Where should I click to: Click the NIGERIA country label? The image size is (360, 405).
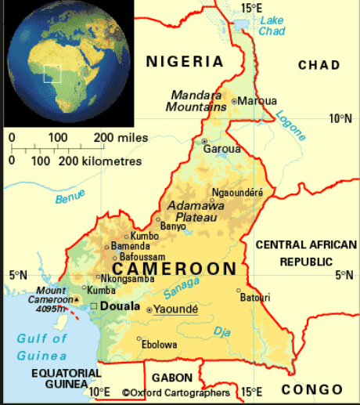[x=185, y=62]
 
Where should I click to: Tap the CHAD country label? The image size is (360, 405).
[x=319, y=64]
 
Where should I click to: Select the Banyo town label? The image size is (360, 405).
[x=173, y=226]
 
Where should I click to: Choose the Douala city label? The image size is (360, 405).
[x=121, y=306]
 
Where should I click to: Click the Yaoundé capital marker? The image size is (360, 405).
[x=149, y=310]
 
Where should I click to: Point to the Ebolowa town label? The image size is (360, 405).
[x=159, y=344]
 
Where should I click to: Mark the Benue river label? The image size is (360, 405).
[x=69, y=197]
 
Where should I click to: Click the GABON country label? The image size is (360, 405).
[x=171, y=378]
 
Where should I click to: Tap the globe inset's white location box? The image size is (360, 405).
[x=52, y=74]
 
